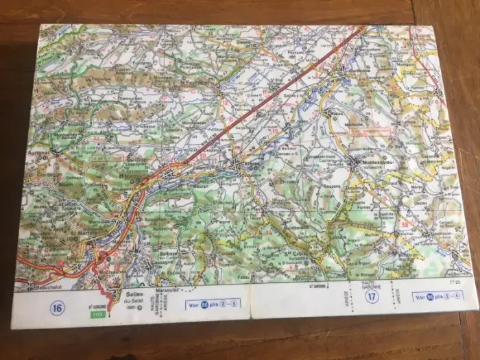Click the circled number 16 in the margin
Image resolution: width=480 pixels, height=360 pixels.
57,308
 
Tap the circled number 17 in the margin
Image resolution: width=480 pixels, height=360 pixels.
372,297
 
